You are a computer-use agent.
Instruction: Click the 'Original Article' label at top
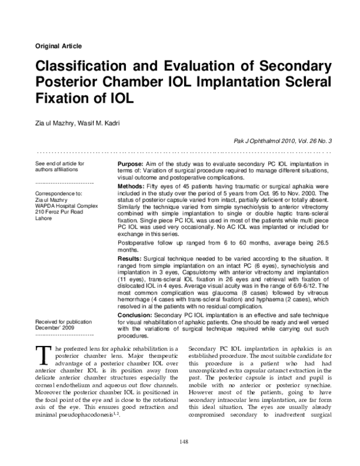(x=59, y=46)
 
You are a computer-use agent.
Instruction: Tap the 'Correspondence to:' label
(x=59, y=193)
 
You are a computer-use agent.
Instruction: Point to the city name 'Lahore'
(x=45, y=219)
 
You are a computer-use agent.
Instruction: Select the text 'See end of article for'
(x=60, y=163)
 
